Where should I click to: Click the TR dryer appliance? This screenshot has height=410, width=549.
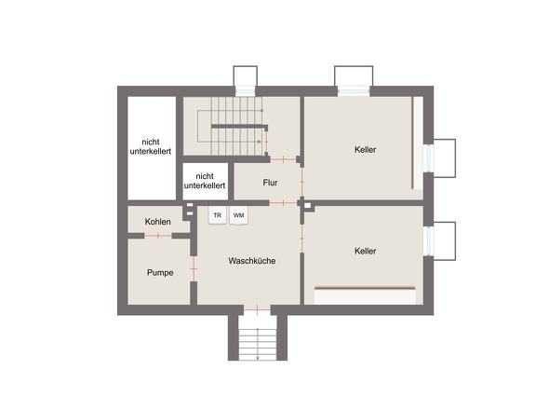click(x=218, y=215)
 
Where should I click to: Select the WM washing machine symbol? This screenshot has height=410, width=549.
click(x=239, y=215)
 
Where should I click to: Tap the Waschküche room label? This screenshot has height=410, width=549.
click(x=252, y=261)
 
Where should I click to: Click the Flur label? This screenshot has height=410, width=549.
click(x=270, y=183)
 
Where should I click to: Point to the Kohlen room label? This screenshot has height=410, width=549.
click(x=158, y=222)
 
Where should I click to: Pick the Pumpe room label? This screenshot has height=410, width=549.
click(x=160, y=272)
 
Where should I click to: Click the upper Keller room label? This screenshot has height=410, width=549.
click(x=365, y=150)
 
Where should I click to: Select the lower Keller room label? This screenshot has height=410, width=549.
click(x=365, y=251)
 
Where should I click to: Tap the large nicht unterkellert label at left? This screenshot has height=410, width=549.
click(x=151, y=146)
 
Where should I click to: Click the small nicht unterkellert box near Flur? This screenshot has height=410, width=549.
click(x=205, y=181)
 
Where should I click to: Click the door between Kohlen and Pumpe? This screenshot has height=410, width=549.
click(x=158, y=236)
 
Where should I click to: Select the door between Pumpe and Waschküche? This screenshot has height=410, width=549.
click(x=194, y=268)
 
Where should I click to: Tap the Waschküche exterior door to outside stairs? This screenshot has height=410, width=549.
click(x=257, y=309)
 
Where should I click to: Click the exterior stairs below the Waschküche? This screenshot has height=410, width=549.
click(x=258, y=343)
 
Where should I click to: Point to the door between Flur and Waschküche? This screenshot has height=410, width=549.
click(x=283, y=203)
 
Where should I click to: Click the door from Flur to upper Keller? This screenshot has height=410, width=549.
click(x=301, y=182)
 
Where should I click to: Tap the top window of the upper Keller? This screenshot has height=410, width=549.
click(x=354, y=91)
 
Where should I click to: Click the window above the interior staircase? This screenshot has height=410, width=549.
click(x=246, y=91)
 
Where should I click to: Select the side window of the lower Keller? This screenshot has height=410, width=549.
click(x=429, y=241)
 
